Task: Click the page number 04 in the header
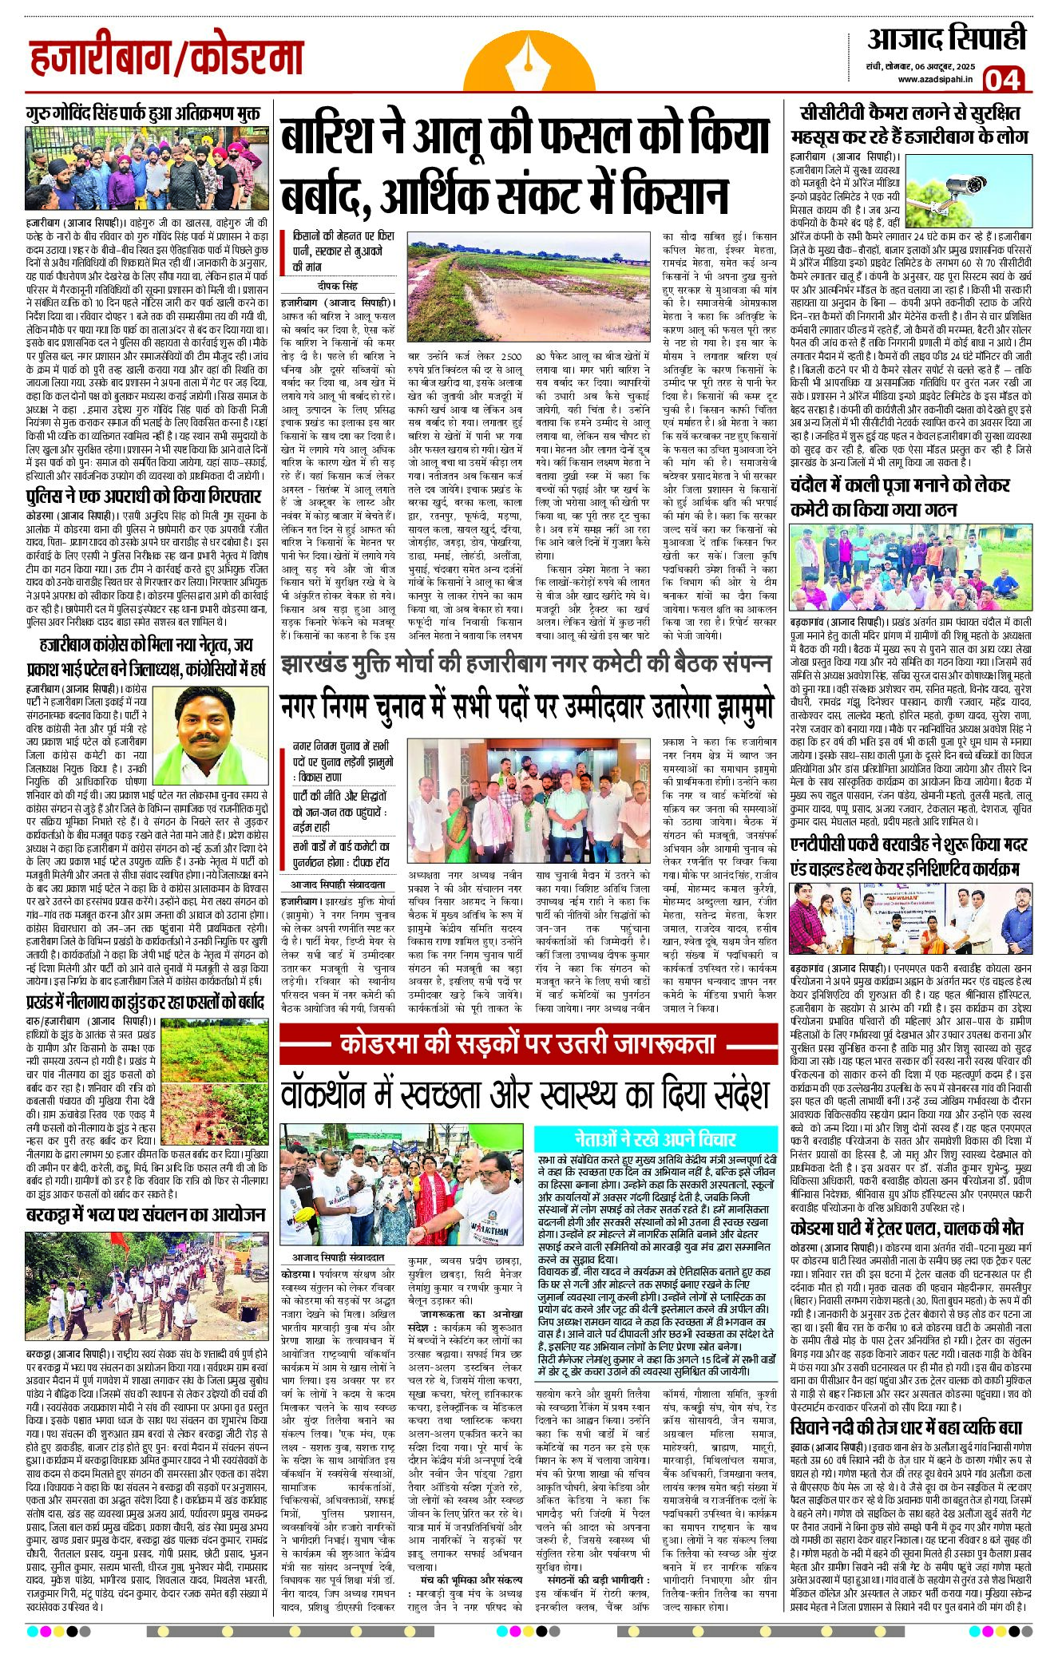tap(1002, 79)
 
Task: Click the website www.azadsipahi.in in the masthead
tap(934, 79)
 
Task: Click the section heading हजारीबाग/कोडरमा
tap(167, 58)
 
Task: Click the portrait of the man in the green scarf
tap(221, 736)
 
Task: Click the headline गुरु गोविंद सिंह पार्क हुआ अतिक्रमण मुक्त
tap(142, 113)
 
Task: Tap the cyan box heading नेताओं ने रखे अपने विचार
tap(655, 1138)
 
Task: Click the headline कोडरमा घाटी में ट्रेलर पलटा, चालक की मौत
tap(906, 1228)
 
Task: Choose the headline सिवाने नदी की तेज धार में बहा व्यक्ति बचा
tap(906, 1427)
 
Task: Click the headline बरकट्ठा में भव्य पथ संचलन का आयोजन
tap(145, 1214)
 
